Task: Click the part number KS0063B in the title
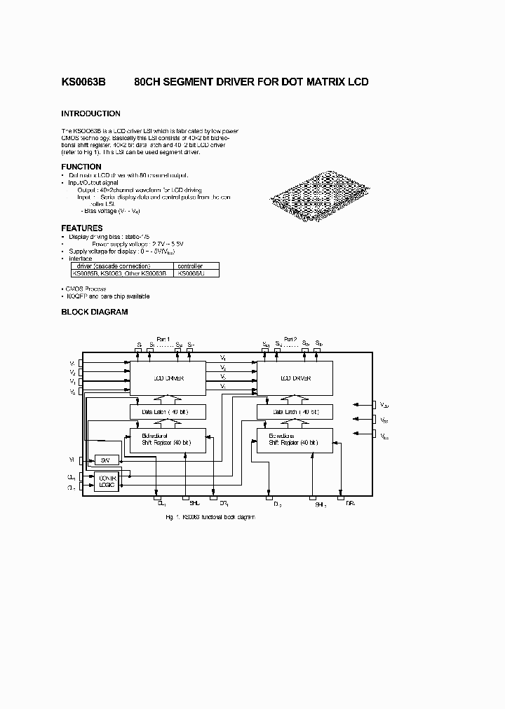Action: (83, 82)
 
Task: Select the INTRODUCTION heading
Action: (90, 113)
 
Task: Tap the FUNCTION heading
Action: (81, 167)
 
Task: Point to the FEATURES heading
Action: (82, 228)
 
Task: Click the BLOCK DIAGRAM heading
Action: (95, 312)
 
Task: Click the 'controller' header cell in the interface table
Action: (191, 266)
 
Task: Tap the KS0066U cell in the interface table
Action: (191, 273)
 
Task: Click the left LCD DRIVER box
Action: (168, 378)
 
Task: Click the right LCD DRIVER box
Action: (295, 378)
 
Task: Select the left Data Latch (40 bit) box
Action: (168, 412)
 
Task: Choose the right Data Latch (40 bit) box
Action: (295, 412)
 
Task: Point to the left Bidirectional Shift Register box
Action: (168, 439)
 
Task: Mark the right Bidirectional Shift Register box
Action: (295, 439)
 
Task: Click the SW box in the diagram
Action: (105, 460)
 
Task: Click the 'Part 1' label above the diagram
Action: (163, 339)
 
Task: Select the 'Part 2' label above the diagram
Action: (290, 339)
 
